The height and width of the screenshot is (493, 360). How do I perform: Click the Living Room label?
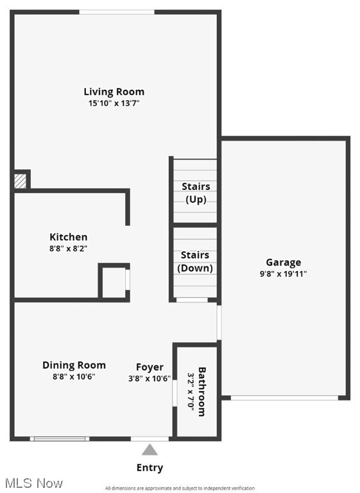point(114,92)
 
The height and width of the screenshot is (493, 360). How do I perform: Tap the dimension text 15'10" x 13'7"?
point(114,103)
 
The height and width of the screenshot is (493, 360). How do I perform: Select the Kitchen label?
point(69,237)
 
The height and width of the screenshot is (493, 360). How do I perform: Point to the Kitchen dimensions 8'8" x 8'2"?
point(69,248)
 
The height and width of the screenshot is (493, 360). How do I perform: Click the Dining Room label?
point(74,365)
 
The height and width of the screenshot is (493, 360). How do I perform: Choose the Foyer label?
point(150,367)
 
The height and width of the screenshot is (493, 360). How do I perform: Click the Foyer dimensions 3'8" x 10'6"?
point(150,378)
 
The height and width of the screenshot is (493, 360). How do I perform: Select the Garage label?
point(284,262)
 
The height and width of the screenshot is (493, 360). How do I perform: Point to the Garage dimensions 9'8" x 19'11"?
point(284,273)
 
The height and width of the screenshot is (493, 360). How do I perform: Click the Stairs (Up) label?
point(196,193)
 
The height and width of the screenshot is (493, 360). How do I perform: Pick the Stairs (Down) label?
point(196,262)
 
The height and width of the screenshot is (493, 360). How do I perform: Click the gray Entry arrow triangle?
point(150,449)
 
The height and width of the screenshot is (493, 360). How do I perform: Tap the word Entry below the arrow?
point(150,467)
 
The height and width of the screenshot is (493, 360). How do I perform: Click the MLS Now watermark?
point(32,483)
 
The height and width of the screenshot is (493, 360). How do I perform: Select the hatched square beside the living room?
point(21,180)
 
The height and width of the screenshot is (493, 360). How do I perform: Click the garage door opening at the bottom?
point(285,398)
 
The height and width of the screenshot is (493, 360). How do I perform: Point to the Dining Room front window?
point(60,438)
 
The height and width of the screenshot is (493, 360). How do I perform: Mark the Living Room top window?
point(117,12)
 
